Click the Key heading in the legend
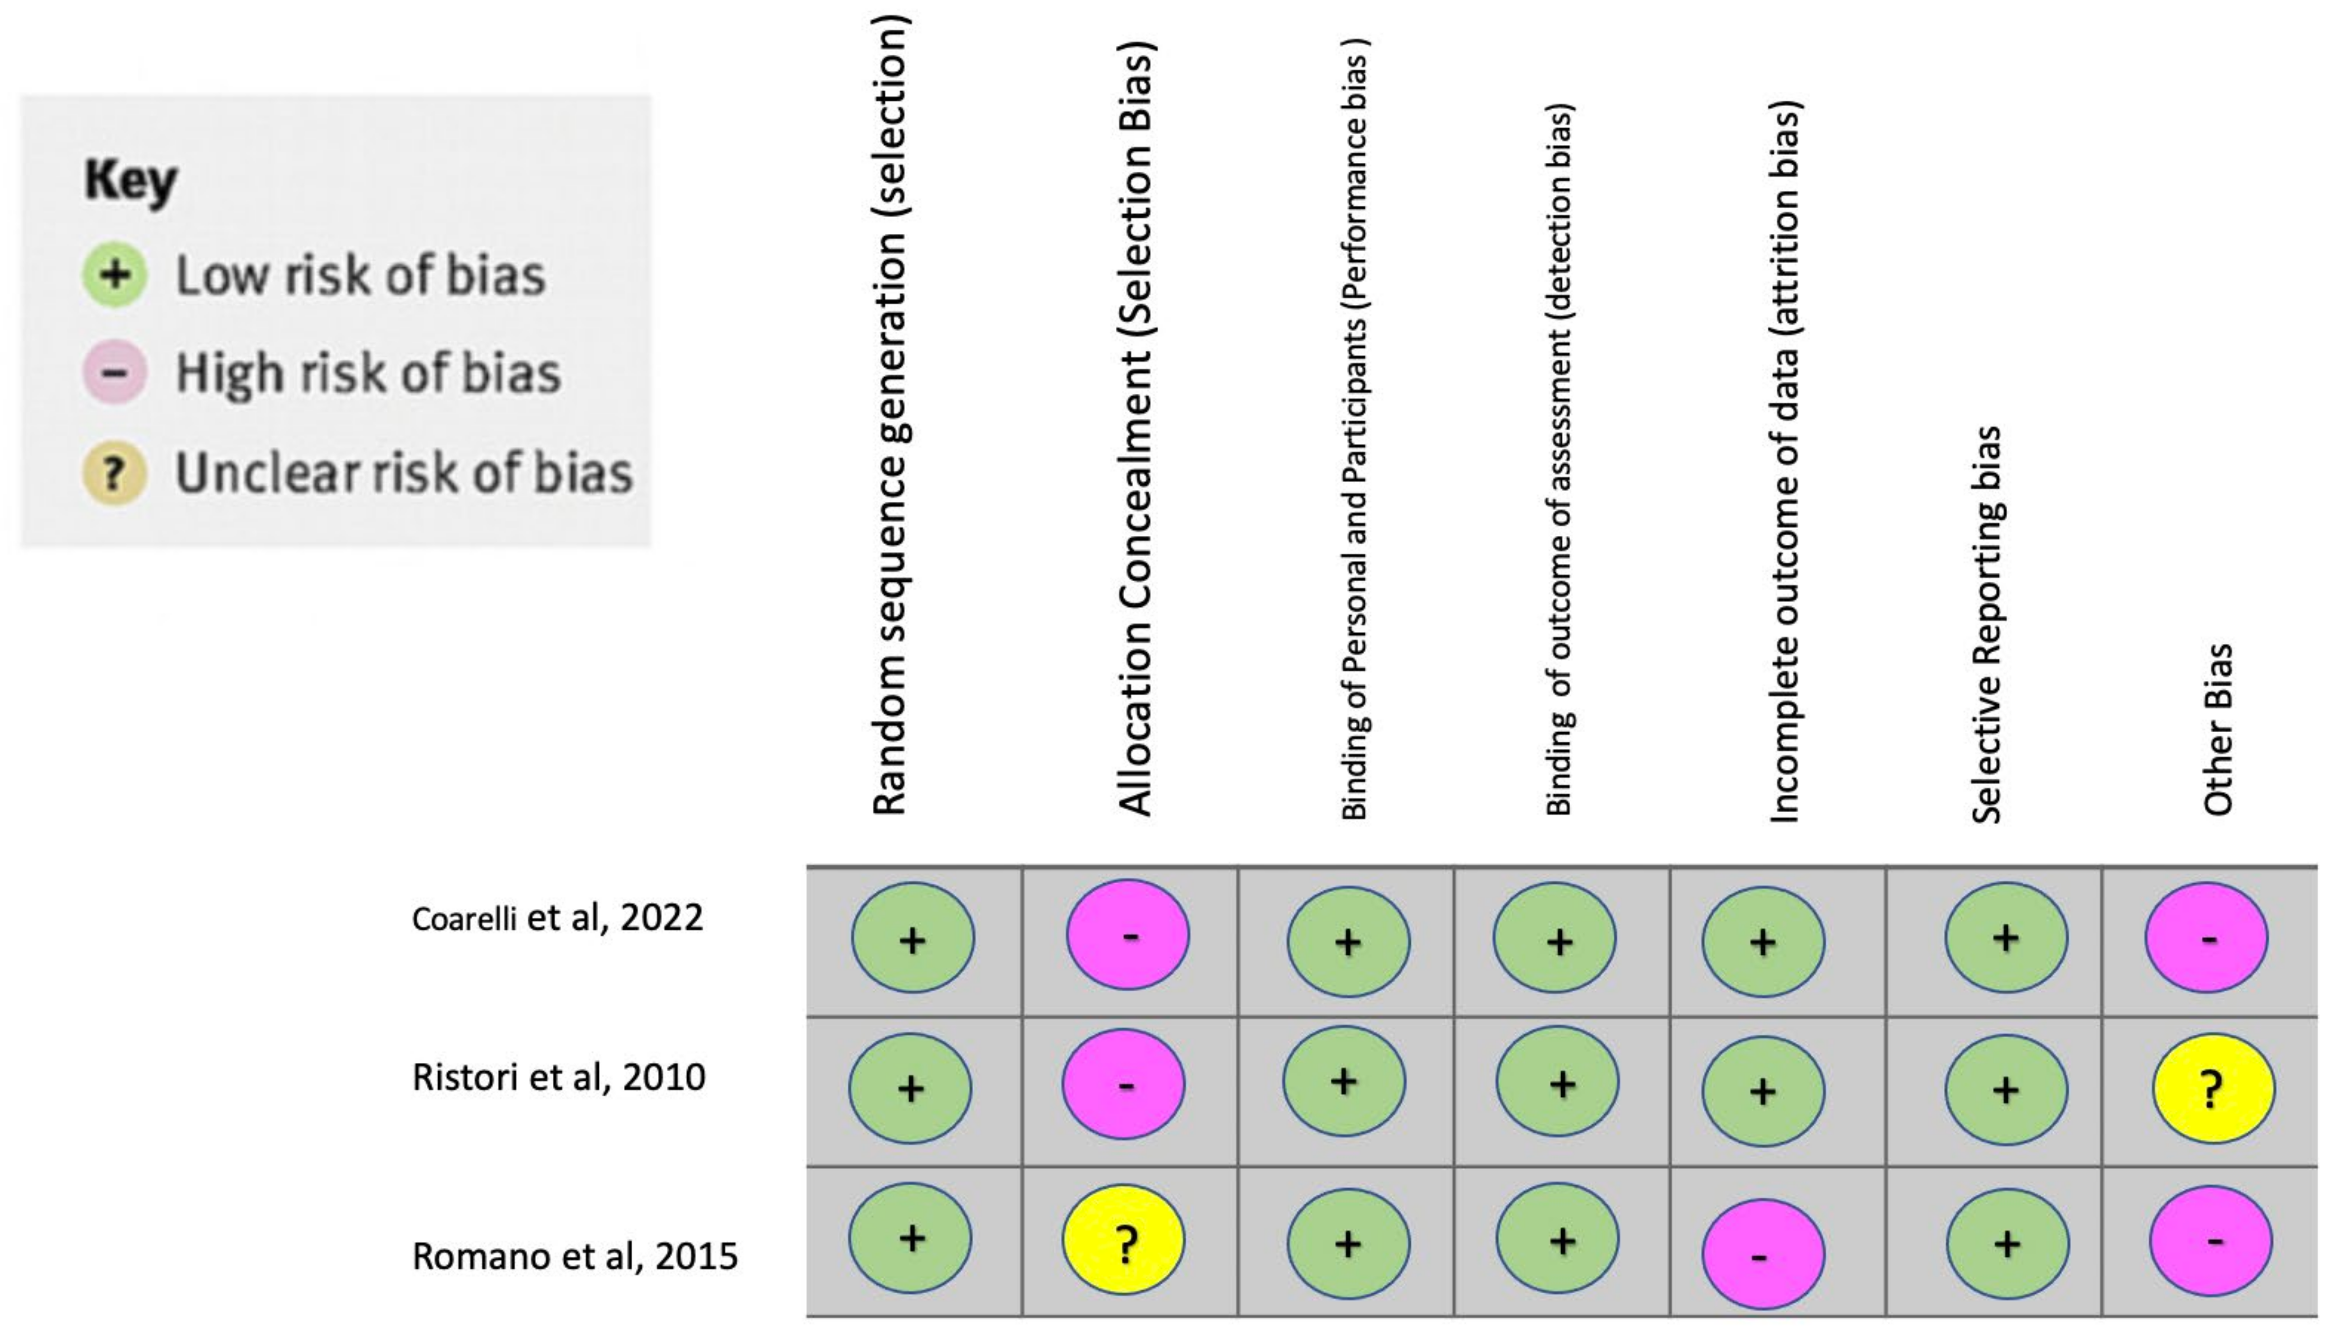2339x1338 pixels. coord(130,181)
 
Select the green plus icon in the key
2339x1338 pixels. coord(115,275)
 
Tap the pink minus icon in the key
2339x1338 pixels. coord(115,373)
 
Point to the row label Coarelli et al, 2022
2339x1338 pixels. coord(557,918)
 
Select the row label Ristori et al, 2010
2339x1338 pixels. coord(559,1077)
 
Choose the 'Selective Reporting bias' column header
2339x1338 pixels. coord(1986,625)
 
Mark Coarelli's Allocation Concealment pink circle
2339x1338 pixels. coord(1128,935)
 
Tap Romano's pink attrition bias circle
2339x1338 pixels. coord(1763,1254)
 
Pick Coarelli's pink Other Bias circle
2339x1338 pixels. coord(2206,937)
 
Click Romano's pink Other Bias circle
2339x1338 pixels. coord(2210,1241)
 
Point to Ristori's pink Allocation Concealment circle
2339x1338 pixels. coord(1124,1085)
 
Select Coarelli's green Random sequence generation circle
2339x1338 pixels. coord(913,937)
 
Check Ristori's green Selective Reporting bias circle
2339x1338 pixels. coord(2005,1090)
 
